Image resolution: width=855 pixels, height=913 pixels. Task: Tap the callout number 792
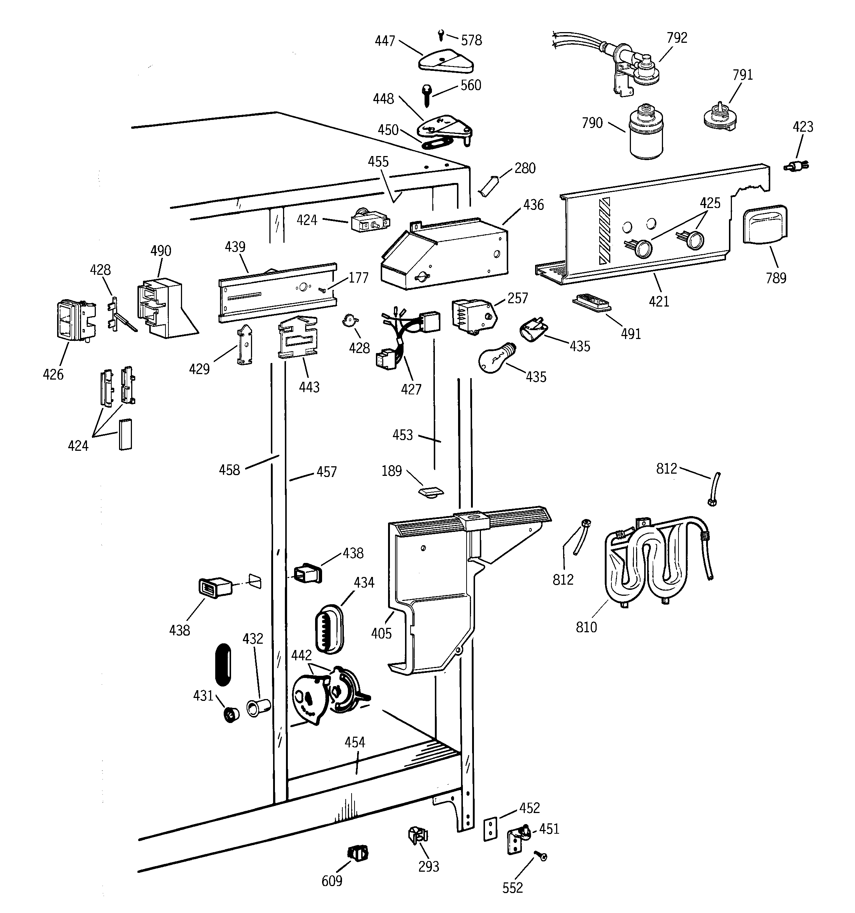(x=677, y=38)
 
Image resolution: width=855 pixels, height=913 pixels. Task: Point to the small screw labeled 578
(x=441, y=34)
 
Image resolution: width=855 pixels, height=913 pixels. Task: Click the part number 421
(x=659, y=302)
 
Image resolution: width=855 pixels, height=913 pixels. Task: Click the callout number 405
(x=381, y=634)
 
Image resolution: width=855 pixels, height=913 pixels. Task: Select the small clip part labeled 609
(x=358, y=853)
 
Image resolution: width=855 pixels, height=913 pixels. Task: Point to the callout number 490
(x=161, y=251)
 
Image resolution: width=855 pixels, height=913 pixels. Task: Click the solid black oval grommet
(x=223, y=664)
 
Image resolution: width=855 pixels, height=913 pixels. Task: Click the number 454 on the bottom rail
(x=355, y=743)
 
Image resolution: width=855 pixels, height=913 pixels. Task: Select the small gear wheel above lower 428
(x=350, y=320)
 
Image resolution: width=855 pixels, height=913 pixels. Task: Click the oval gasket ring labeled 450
(x=437, y=142)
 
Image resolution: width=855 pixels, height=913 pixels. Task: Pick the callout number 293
(x=428, y=867)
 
